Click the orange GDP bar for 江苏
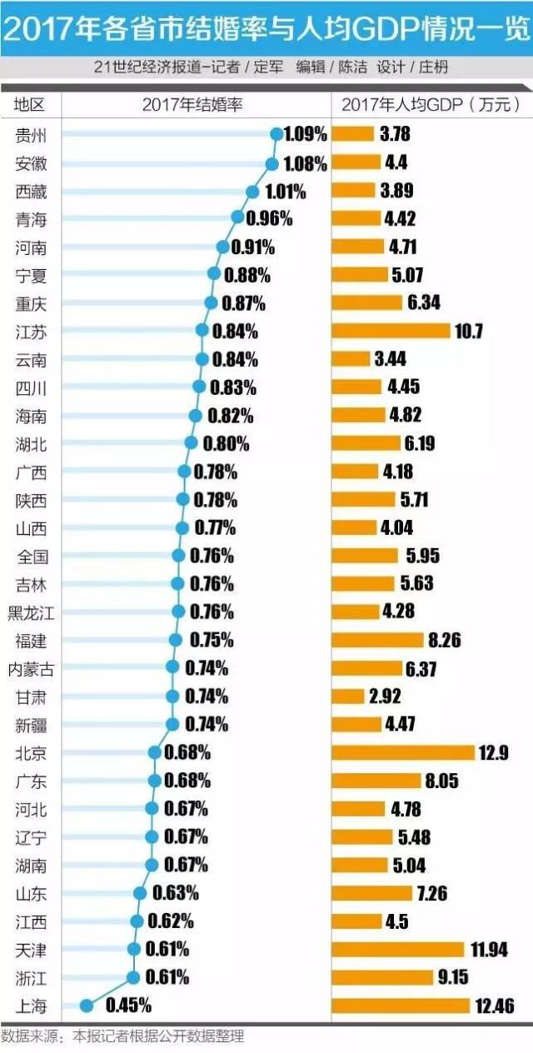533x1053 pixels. [x=391, y=332]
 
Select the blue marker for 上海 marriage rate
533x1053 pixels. [x=85, y=1006]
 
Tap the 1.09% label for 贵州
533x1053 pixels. [x=305, y=134]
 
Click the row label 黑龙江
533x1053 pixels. [x=31, y=612]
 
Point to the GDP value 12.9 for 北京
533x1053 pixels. [x=493, y=753]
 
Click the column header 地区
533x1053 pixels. [x=30, y=104]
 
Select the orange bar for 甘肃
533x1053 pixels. [x=348, y=696]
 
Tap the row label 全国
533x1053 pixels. [x=31, y=556]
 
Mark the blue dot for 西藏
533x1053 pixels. [x=253, y=192]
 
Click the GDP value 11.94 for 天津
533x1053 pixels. [x=489, y=950]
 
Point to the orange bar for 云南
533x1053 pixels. [x=351, y=359]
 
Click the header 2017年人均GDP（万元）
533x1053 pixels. [x=431, y=104]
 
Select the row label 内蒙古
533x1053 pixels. [x=31, y=668]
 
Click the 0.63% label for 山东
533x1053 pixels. [x=176, y=893]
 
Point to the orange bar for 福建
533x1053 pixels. [x=377, y=640]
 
